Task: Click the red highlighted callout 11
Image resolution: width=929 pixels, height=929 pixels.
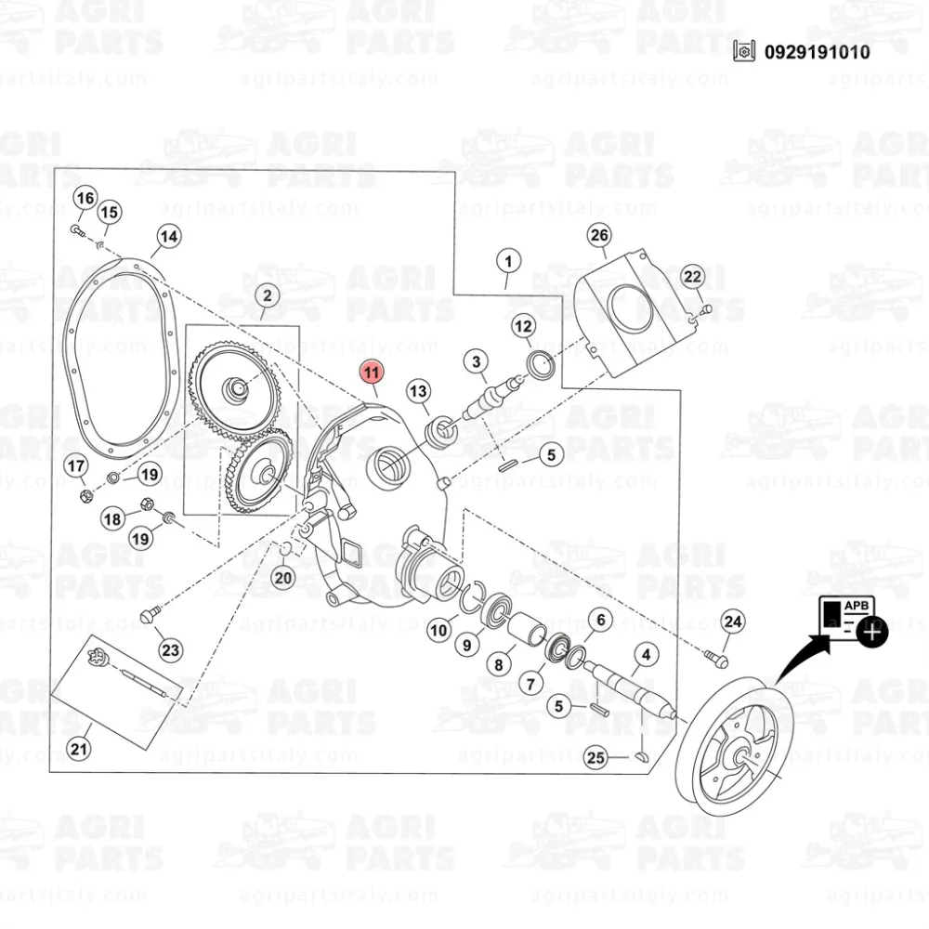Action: click(x=372, y=373)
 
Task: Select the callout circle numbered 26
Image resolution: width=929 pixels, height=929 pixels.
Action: click(x=599, y=235)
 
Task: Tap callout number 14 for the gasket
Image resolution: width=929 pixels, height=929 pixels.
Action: click(x=167, y=237)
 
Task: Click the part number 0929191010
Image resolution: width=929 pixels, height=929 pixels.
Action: click(x=817, y=52)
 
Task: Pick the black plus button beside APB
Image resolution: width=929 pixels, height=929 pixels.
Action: click(x=873, y=633)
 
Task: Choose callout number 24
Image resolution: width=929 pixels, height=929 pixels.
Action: click(x=733, y=621)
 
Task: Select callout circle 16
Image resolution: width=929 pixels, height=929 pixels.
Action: click(x=85, y=198)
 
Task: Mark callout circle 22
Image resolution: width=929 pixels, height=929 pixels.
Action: click(x=693, y=276)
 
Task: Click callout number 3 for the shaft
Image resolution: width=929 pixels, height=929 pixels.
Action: click(x=477, y=361)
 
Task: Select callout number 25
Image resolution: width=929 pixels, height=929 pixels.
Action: click(x=595, y=758)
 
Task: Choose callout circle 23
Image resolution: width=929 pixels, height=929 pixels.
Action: click(x=170, y=650)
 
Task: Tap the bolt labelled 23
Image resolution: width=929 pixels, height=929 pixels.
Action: click(x=150, y=614)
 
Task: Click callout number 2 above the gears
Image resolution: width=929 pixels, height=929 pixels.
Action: click(x=267, y=297)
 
